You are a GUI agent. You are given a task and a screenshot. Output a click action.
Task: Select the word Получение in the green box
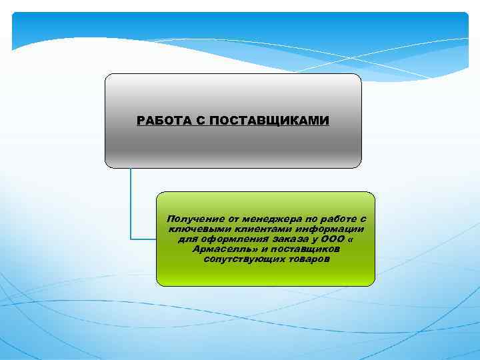coord(192,219)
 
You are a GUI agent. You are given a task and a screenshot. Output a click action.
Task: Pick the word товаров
coord(307,259)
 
